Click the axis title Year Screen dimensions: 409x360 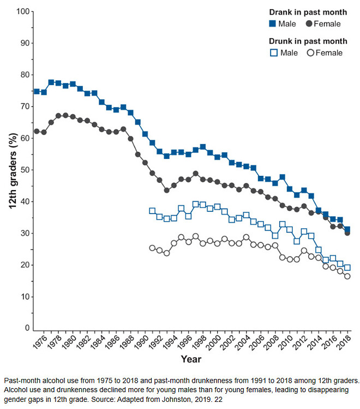[x=191, y=360]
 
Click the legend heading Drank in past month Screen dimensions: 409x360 [x=308, y=12]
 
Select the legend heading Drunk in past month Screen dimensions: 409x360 [x=308, y=41]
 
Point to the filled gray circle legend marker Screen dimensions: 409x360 [x=309, y=24]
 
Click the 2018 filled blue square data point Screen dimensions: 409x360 [x=347, y=230]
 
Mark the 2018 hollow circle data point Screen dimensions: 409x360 [x=347, y=276]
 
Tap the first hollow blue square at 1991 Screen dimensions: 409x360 [x=152, y=211]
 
